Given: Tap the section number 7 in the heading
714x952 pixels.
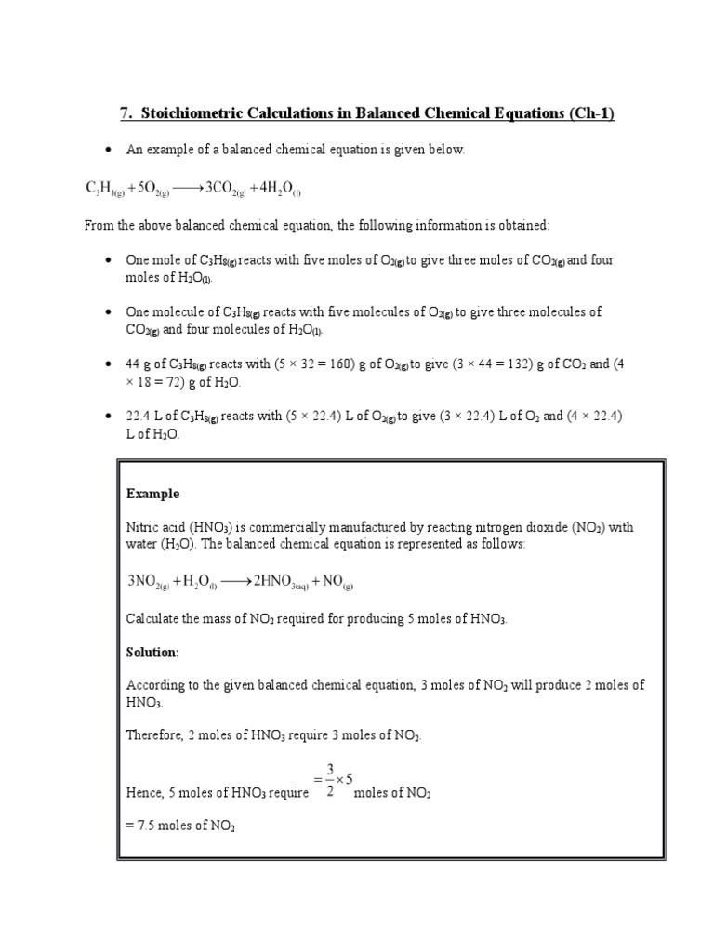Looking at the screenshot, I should pos(125,113).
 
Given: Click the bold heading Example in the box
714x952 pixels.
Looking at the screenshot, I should pos(152,494).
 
